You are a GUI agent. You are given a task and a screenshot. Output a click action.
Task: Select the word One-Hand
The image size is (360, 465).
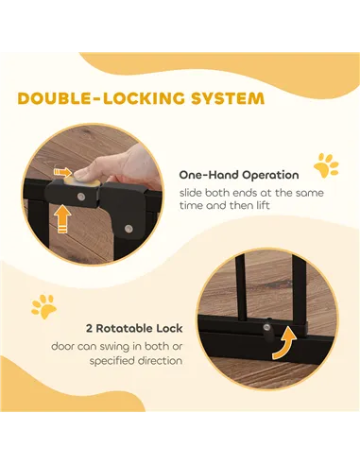click(x=202, y=175)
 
